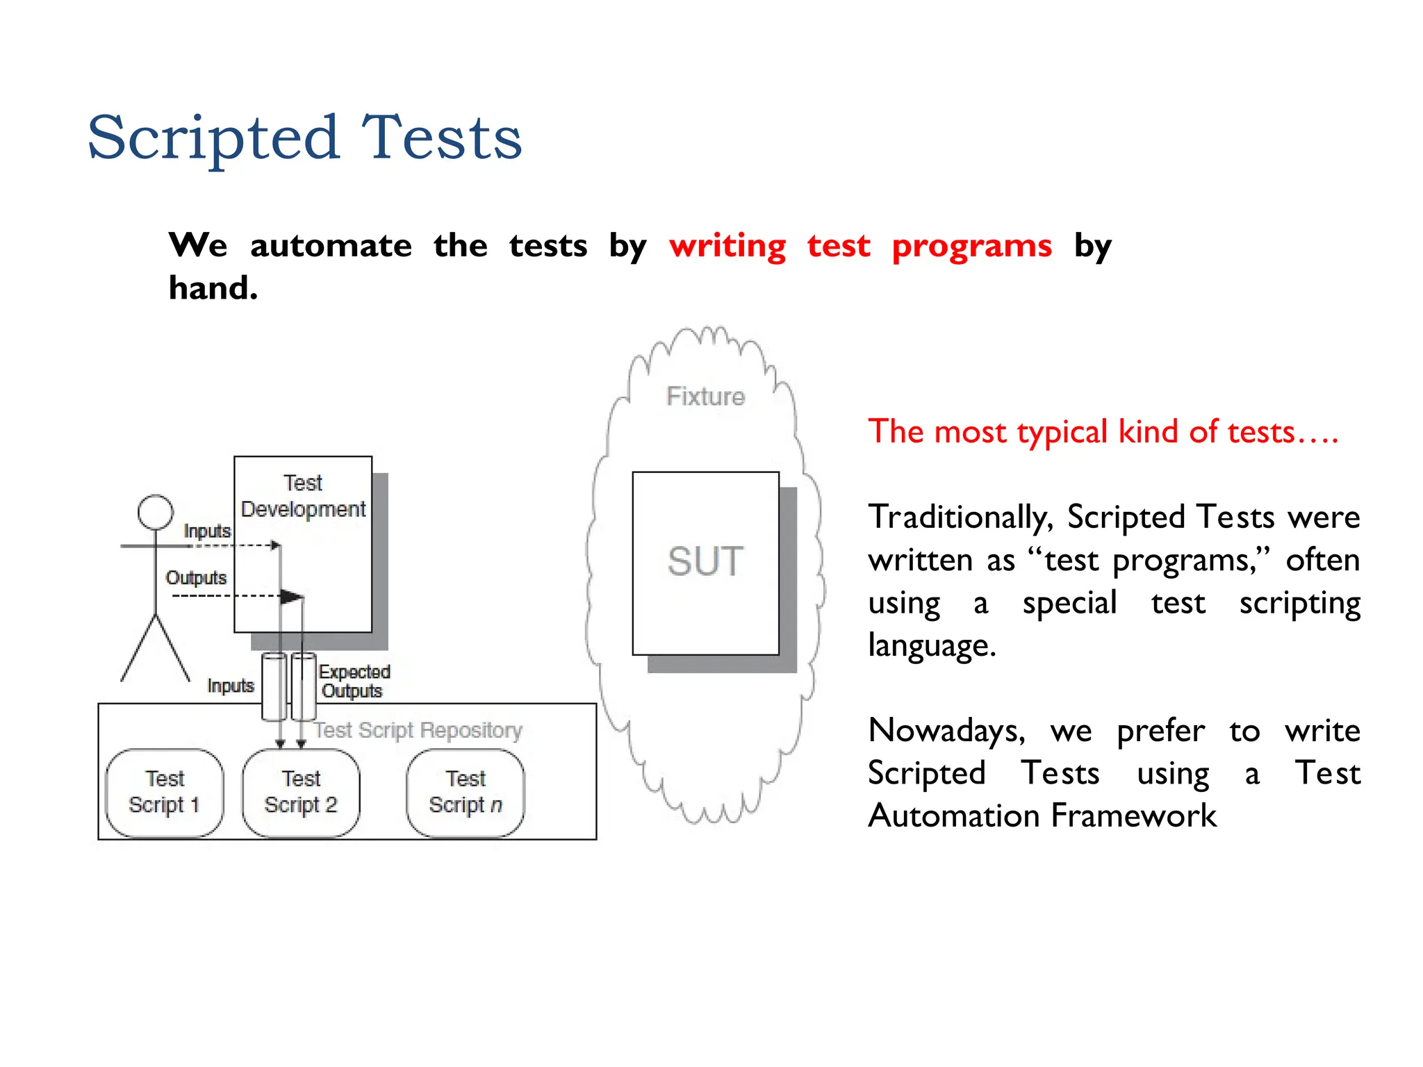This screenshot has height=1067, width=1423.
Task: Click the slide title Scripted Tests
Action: click(x=304, y=138)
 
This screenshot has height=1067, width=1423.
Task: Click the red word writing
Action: click(x=727, y=246)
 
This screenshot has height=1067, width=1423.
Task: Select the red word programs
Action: click(x=971, y=246)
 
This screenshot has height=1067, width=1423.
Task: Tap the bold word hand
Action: click(x=213, y=288)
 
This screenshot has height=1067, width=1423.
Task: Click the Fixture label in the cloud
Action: click(x=705, y=396)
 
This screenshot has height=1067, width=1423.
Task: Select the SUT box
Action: click(x=705, y=562)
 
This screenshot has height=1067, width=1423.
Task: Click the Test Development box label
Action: click(x=303, y=496)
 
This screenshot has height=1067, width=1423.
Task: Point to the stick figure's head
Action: click(x=155, y=513)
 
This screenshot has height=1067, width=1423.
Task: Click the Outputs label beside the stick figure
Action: click(x=196, y=578)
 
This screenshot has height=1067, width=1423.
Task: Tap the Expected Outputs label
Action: click(x=354, y=681)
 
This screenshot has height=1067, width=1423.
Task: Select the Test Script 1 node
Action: click(x=165, y=792)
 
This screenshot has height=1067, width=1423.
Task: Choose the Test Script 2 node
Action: click(x=301, y=792)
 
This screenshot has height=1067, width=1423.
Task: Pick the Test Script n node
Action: click(x=465, y=792)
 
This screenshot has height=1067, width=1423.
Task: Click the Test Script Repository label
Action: click(x=418, y=730)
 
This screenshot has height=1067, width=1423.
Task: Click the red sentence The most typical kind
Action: click(x=1103, y=432)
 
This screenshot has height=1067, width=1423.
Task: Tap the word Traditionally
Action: click(x=959, y=518)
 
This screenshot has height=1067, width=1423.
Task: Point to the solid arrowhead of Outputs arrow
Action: click(x=293, y=596)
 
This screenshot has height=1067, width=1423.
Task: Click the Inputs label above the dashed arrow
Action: click(x=207, y=531)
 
